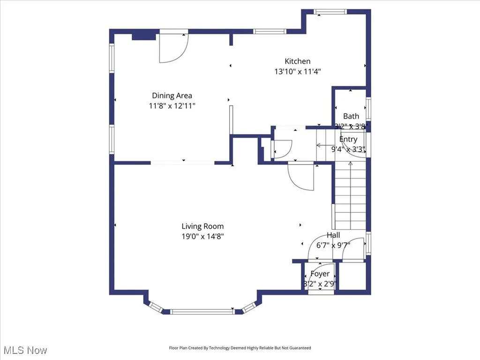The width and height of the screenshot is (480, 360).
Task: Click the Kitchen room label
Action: [x=297, y=61]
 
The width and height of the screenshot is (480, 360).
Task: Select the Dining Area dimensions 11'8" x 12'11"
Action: [x=172, y=106]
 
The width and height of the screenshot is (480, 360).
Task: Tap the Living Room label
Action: [x=202, y=226]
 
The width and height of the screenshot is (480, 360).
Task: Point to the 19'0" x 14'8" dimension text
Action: [x=202, y=237]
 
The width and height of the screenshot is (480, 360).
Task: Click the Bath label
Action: [x=351, y=116]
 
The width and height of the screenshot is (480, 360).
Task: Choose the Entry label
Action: [x=348, y=139]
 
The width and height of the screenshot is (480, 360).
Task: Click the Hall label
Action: [x=333, y=235]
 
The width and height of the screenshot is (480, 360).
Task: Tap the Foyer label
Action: [x=320, y=274]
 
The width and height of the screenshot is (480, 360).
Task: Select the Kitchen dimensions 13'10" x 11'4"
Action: [x=297, y=72]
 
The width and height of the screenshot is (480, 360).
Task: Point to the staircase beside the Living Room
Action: [x=350, y=197]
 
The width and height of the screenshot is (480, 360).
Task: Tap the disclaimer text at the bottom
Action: [x=240, y=348]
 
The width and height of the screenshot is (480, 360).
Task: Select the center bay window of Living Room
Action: [x=202, y=311]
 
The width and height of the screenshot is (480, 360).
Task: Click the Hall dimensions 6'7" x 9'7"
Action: [x=333, y=245]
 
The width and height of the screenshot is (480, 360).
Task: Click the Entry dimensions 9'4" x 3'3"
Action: [x=348, y=150]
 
